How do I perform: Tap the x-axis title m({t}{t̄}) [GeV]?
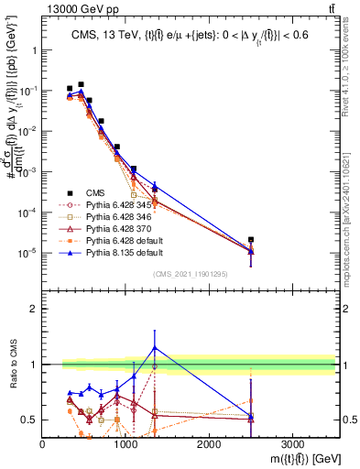[292, 458]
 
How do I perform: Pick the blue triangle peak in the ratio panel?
[155, 347]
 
